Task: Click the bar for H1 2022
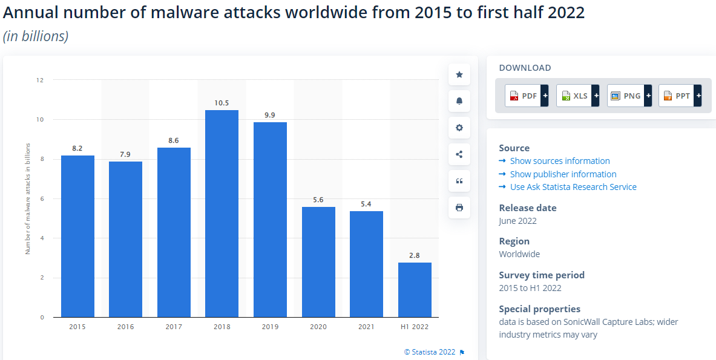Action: coord(415,290)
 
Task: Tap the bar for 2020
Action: coord(318,262)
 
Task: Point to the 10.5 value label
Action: coord(222,103)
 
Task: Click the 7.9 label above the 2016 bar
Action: coord(125,154)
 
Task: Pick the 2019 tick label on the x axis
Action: coord(270,327)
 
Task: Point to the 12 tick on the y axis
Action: coord(40,80)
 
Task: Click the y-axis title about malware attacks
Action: coord(28,198)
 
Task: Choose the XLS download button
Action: coord(577,96)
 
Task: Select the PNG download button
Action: coord(629,96)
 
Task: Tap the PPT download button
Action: coord(680,96)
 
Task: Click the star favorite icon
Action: coord(459,74)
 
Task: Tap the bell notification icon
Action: coord(459,101)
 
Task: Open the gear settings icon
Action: coord(459,128)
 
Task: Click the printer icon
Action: coord(459,208)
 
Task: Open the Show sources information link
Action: coord(560,161)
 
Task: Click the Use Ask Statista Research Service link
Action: coord(573,187)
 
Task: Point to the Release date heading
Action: coord(528,208)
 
